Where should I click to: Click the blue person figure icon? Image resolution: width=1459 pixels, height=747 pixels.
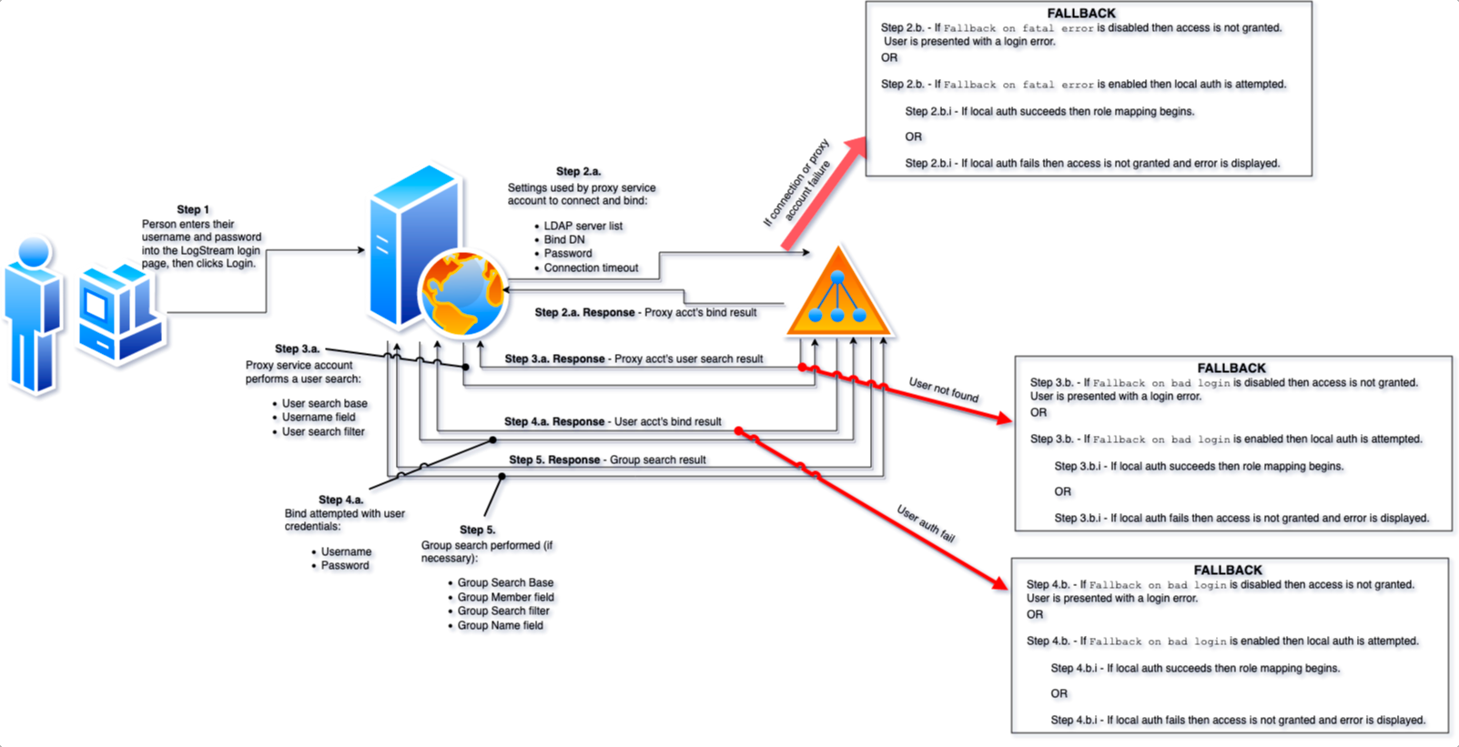coord(33,316)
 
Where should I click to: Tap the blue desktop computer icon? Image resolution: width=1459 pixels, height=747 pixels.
coord(121,312)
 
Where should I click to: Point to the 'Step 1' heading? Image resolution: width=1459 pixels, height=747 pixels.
coord(193,209)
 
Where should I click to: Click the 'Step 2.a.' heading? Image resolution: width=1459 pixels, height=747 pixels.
coord(578,171)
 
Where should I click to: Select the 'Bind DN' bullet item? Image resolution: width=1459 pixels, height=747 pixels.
coord(564,239)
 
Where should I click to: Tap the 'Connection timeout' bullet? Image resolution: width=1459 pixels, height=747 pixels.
coord(591,268)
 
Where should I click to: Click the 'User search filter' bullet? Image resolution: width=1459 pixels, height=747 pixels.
coord(323,432)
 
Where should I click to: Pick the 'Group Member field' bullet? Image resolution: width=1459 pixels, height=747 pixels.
coord(505,597)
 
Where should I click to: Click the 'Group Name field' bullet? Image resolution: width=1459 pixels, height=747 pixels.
coord(501,625)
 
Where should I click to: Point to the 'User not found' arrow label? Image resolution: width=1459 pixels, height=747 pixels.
coord(944,390)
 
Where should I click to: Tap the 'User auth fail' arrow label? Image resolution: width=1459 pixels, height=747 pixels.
coord(926,523)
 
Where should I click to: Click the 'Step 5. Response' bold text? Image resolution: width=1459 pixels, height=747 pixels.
coord(554,459)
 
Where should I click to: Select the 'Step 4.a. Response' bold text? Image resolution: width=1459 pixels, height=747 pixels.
coord(554,422)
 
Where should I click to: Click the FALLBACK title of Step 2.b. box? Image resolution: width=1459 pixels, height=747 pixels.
coord(1081,13)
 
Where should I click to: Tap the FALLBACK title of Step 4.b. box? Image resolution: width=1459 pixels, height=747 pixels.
coord(1228,570)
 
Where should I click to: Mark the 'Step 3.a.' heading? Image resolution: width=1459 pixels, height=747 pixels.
coord(297,349)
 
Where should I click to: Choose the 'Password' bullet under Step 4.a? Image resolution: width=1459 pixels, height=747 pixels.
coord(345,566)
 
